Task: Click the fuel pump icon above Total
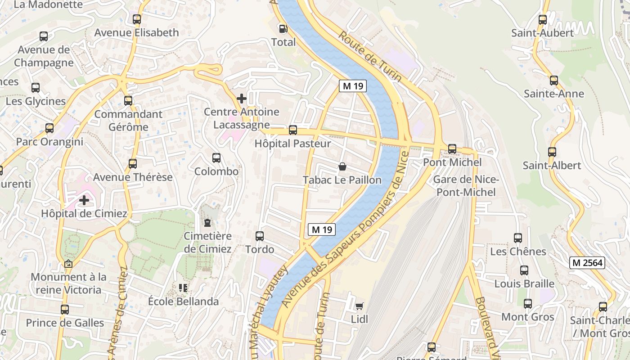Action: (283, 28)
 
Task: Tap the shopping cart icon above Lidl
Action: (359, 306)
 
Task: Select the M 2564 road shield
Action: (587, 263)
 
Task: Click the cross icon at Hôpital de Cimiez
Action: (84, 200)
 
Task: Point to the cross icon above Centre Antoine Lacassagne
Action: (242, 98)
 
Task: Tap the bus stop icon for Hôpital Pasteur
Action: (293, 130)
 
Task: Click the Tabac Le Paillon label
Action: (342, 180)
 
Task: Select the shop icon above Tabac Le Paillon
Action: (342, 167)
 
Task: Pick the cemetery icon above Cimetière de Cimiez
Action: (207, 222)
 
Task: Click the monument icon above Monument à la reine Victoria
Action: (68, 264)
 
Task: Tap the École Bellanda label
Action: (184, 301)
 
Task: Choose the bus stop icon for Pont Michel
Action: (452, 149)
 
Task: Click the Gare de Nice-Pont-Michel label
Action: (465, 186)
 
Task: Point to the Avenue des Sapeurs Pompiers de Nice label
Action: (346, 229)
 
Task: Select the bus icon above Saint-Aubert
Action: (543, 20)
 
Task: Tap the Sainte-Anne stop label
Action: (553, 94)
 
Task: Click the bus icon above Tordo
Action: (260, 236)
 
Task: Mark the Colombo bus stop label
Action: (216, 171)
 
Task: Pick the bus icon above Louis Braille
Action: (524, 270)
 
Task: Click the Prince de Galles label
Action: (65, 323)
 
